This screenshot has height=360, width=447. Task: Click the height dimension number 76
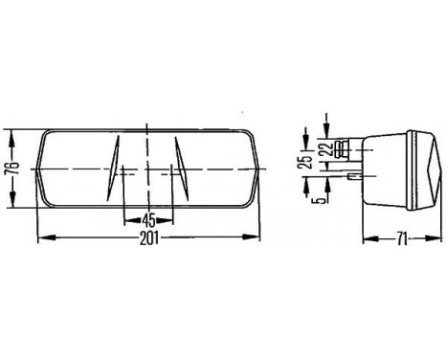10,169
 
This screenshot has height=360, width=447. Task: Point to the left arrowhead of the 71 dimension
369,236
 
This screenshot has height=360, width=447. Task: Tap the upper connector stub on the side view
355,146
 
